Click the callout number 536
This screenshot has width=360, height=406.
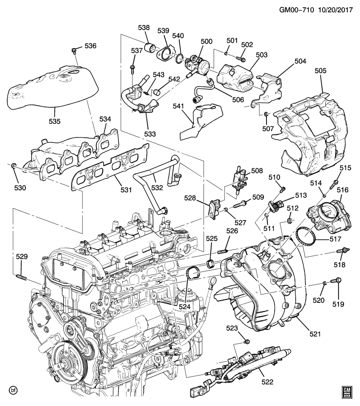[x=91, y=46]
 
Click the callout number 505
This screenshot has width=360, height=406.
[x=321, y=71]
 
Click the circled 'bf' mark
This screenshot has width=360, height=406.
[x=14, y=389]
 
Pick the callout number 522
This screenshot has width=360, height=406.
[x=267, y=381]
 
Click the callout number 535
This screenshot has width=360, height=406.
[x=55, y=121]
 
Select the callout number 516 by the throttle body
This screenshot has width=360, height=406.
[x=342, y=190]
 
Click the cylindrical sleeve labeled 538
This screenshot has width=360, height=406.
[x=149, y=47]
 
